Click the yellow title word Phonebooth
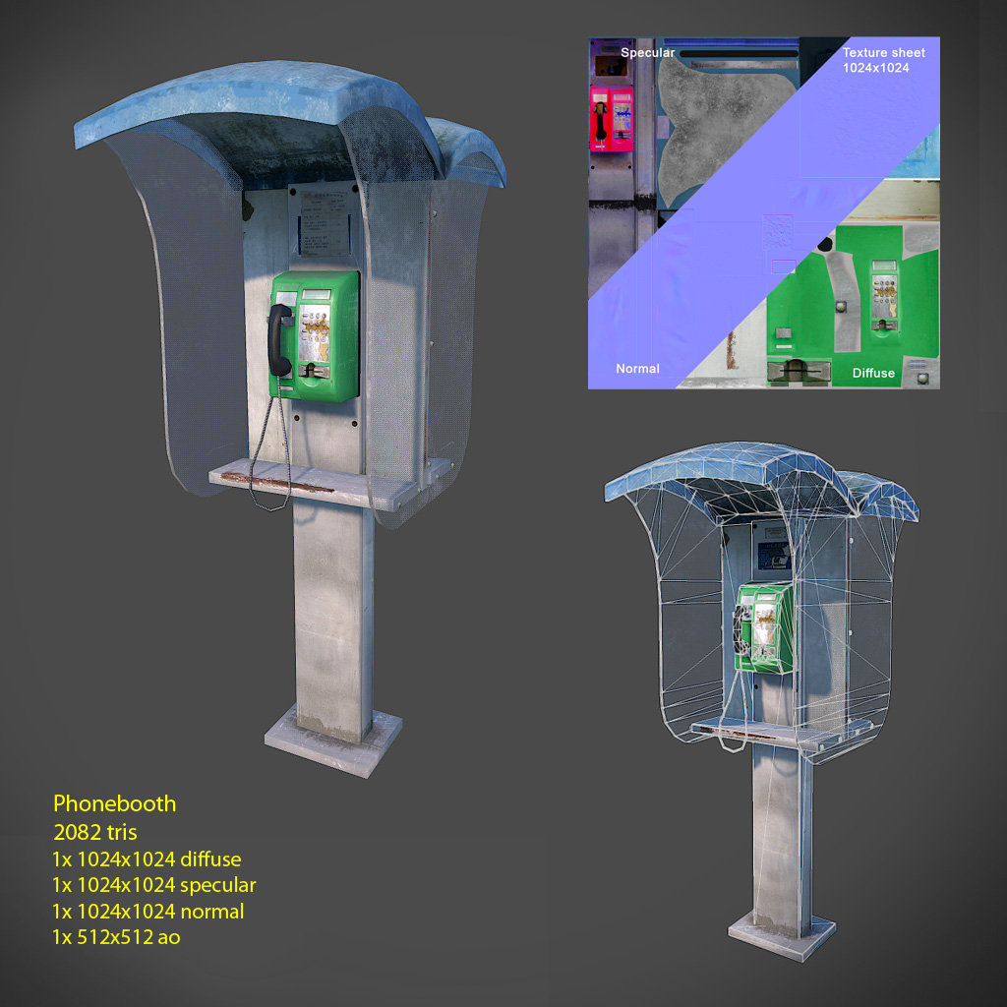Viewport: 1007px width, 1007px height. click(x=114, y=803)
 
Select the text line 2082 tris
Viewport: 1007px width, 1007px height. click(x=94, y=832)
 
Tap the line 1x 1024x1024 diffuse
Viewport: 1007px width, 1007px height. click(x=147, y=859)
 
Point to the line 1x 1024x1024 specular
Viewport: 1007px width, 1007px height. click(x=153, y=885)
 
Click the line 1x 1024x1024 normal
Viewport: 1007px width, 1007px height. click(x=148, y=912)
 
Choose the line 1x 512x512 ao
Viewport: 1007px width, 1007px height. click(x=116, y=937)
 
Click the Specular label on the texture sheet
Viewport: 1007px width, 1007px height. click(x=647, y=52)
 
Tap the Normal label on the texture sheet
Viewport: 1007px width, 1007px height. click(x=637, y=369)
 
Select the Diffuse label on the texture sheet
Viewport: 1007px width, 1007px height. click(x=873, y=373)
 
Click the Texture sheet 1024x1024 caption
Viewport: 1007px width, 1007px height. click(x=883, y=60)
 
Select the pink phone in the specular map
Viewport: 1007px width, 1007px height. click(x=611, y=119)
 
